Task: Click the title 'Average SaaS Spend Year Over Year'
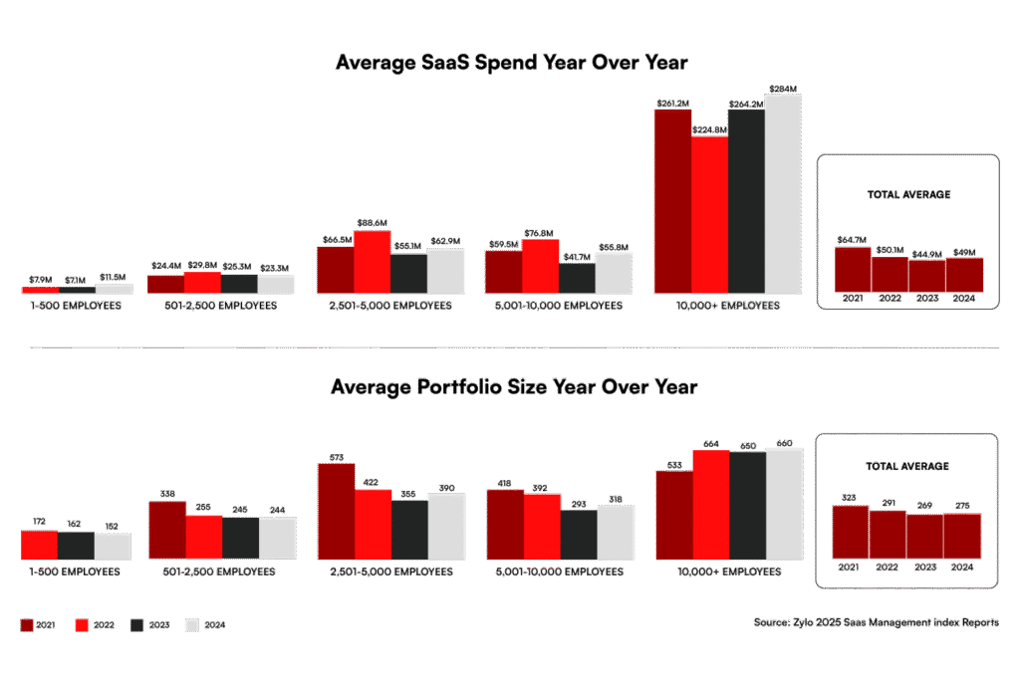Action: point(512,63)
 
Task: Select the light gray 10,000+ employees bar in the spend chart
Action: point(783,194)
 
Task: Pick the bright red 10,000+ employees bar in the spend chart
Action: point(709,215)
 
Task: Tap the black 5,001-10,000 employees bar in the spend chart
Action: point(578,278)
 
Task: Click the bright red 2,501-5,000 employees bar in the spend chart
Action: point(373,262)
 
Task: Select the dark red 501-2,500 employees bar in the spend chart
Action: point(165,284)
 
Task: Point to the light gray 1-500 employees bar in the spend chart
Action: point(114,288)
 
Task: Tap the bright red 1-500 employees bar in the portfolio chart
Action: point(39,545)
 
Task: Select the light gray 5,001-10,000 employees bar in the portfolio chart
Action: point(615,532)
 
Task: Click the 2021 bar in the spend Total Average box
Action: point(853,268)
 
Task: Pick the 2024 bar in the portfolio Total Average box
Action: point(963,535)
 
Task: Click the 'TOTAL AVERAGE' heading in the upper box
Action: point(907,195)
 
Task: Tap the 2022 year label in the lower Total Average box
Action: point(889,567)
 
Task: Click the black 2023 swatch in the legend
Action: point(136,625)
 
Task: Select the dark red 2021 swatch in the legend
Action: point(27,625)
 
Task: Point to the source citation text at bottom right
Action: point(877,623)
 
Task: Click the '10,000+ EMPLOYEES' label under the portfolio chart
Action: point(728,572)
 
